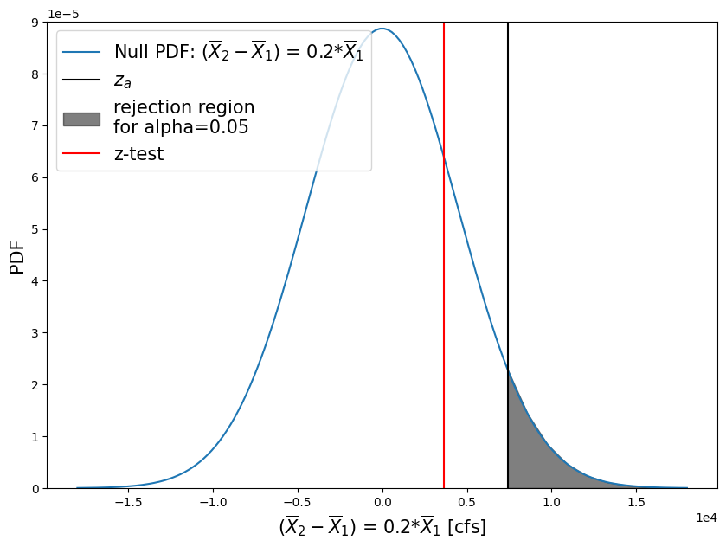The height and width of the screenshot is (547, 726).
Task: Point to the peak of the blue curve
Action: pyautogui.click(x=382, y=29)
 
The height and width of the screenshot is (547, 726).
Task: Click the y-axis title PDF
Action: pyautogui.click(x=16, y=257)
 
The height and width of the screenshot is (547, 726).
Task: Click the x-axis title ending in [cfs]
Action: pyautogui.click(x=382, y=526)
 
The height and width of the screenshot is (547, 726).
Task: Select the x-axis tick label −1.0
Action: pyautogui.click(x=212, y=502)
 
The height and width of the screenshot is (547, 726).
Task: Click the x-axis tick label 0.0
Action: pyautogui.click(x=382, y=502)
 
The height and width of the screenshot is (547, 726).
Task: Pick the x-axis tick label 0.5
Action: pyautogui.click(x=467, y=502)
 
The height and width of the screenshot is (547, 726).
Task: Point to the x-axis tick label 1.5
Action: pyautogui.click(x=637, y=502)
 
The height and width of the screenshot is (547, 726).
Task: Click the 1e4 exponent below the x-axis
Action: pyautogui.click(x=706, y=518)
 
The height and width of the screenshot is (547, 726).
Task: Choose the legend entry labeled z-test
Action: pyautogui.click(x=138, y=155)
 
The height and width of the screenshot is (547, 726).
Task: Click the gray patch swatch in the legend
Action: pyautogui.click(x=81, y=119)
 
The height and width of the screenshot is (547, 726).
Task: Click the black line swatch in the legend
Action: pyautogui.click(x=81, y=81)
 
